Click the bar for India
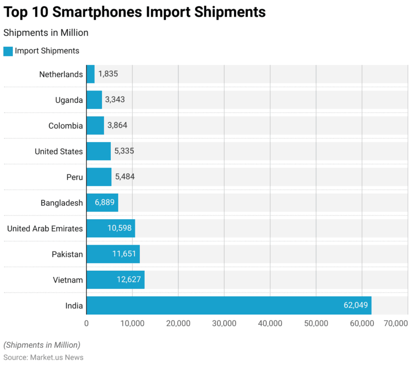point(229,306)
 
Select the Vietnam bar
point(115,280)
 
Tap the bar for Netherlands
point(90,74)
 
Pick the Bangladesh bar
point(102,203)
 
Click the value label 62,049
point(356,306)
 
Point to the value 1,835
point(108,74)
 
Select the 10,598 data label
point(120,228)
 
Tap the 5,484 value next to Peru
point(125,177)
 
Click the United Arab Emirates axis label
point(45,228)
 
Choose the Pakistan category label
point(67,254)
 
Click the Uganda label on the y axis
point(69,100)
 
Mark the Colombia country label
point(66,126)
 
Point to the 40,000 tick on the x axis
point(270,323)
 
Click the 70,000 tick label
point(396,323)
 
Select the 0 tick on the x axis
point(86,323)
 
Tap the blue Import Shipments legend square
point(8,51)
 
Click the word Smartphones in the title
point(98,12)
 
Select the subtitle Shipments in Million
point(46,33)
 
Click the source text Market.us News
point(56,357)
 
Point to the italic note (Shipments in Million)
point(42,345)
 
